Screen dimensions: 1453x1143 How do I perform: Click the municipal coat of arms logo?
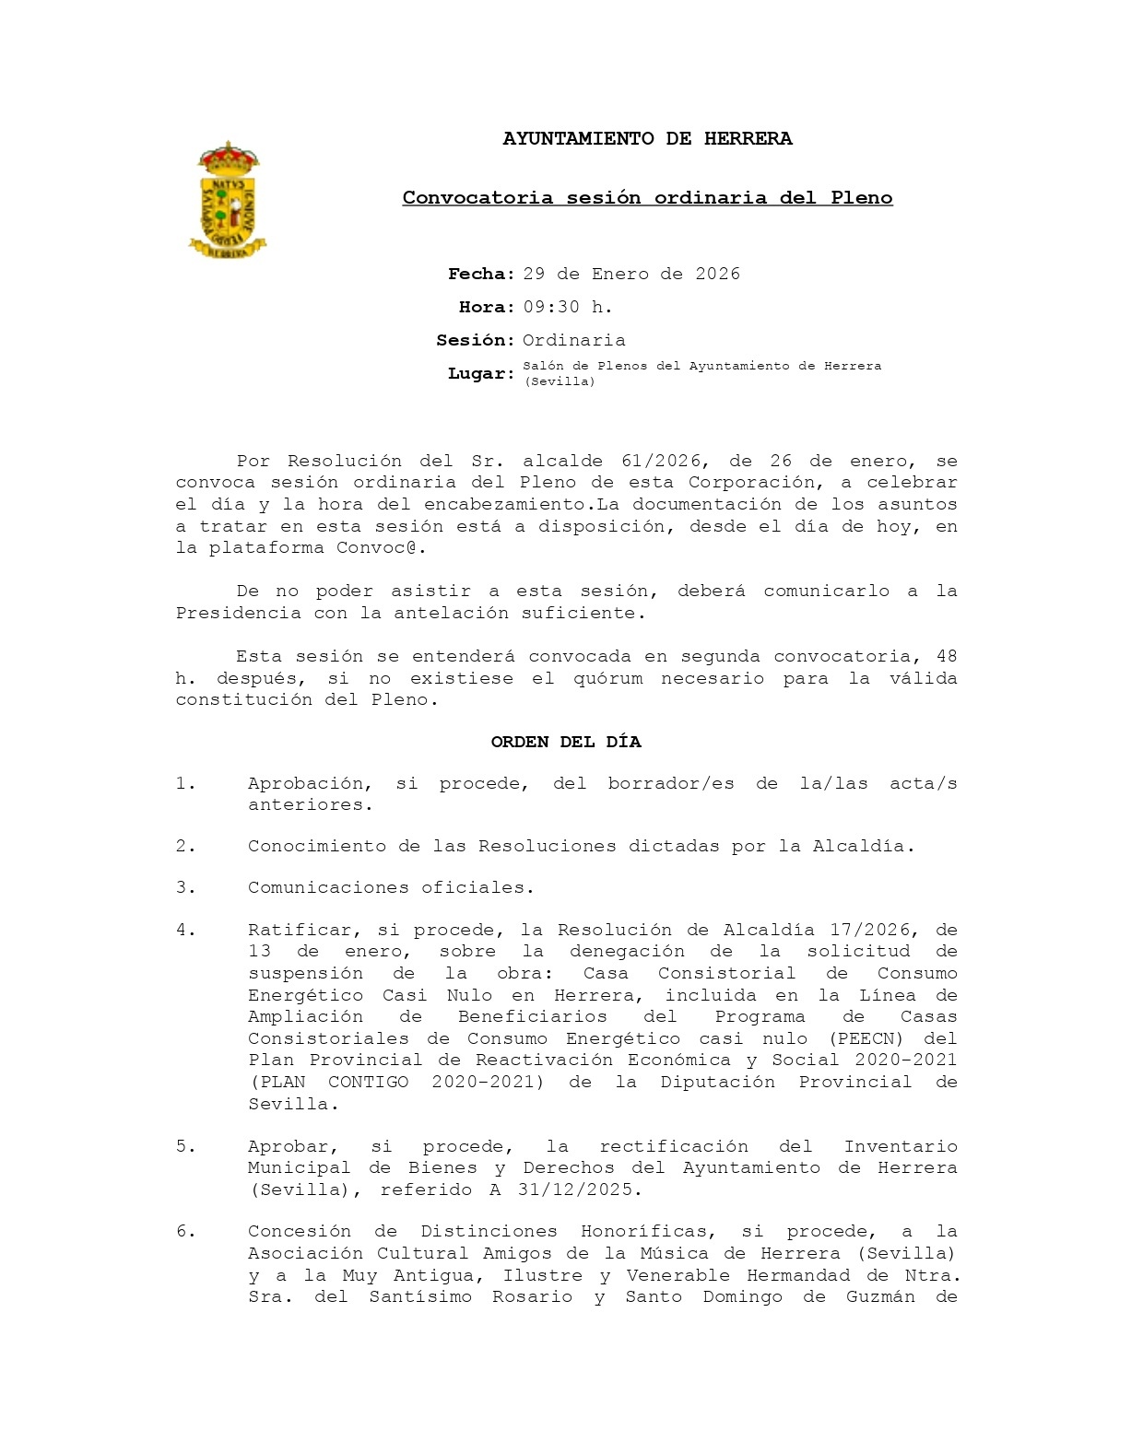click(228, 200)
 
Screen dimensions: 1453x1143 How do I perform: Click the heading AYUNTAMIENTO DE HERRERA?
click(647, 139)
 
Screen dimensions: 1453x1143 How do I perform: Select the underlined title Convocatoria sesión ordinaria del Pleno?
click(647, 198)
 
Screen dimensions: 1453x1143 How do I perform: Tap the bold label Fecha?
click(481, 275)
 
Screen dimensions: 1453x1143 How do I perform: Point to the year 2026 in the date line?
click(717, 275)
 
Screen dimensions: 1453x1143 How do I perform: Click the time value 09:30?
click(551, 308)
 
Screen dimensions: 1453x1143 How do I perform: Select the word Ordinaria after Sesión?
click(573, 341)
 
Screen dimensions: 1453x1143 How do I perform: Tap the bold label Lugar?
click(481, 374)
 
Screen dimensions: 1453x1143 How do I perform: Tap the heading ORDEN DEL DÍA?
click(565, 743)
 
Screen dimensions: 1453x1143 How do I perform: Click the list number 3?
click(185, 888)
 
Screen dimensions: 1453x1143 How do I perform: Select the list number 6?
click(185, 1232)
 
